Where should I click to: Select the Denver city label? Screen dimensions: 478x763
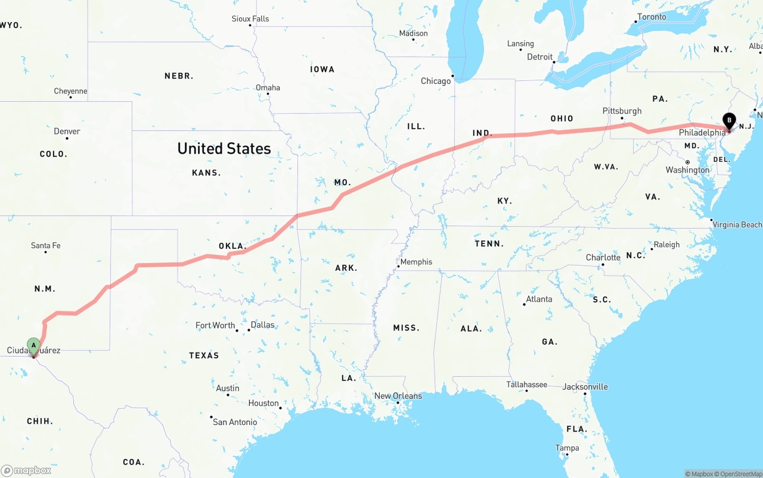[x=67, y=131]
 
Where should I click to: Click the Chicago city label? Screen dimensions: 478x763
[x=436, y=81]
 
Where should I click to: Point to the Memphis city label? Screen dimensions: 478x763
[x=416, y=262]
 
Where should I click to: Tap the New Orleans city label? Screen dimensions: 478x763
[x=398, y=396]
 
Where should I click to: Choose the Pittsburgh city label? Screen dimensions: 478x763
[x=622, y=111]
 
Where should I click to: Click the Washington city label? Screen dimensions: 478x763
[x=687, y=170]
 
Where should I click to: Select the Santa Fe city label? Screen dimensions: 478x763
[x=45, y=245]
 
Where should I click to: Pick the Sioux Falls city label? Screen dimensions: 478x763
[x=250, y=18]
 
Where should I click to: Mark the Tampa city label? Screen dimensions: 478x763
[x=567, y=448]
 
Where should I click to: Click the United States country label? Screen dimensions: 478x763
[x=224, y=148]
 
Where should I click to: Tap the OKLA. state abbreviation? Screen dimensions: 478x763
[x=232, y=246]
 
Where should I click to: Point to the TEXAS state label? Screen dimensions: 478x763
[x=204, y=355]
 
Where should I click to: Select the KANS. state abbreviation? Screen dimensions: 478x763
[x=206, y=173]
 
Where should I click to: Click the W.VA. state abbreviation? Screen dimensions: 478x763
[x=606, y=167]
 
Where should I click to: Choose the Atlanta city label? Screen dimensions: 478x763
[x=539, y=299]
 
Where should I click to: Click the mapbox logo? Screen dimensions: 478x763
[x=26, y=470]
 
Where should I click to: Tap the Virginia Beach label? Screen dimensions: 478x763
[x=737, y=224]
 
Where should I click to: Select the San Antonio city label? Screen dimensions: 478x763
[x=235, y=422]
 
